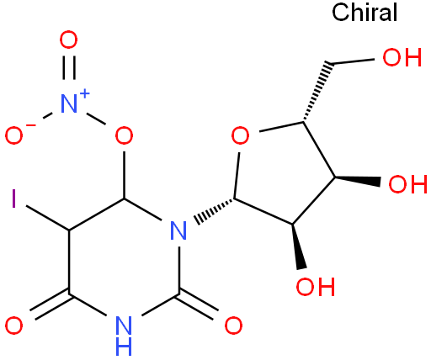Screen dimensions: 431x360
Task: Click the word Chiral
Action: (x=364, y=13)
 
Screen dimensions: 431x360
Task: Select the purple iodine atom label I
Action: (x=13, y=199)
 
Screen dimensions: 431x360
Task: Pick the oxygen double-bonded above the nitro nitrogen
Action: (x=68, y=40)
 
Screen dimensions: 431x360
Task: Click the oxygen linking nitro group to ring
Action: (x=124, y=135)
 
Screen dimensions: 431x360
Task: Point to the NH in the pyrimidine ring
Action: (x=124, y=336)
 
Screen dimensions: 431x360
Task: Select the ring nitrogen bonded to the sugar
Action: (x=178, y=230)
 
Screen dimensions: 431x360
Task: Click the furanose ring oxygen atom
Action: (x=240, y=135)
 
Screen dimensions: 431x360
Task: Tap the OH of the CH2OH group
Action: (x=402, y=57)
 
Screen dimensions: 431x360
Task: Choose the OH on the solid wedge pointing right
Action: (x=407, y=184)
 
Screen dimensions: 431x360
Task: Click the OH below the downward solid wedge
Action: (x=316, y=286)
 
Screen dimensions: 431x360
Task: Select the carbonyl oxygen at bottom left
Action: (x=13, y=326)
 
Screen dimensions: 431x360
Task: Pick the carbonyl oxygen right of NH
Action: (x=233, y=326)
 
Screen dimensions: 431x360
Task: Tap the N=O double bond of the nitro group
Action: (x=69, y=68)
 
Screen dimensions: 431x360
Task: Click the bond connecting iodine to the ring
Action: (x=48, y=219)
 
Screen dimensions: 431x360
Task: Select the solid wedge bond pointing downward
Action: (x=297, y=246)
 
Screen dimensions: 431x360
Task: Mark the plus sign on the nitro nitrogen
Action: (x=84, y=94)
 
